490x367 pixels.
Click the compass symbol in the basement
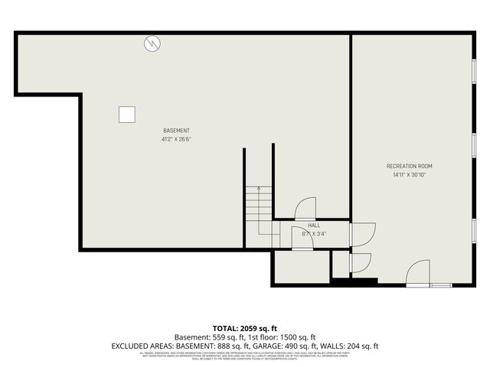[x=152, y=44]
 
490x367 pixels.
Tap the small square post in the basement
[x=127, y=114]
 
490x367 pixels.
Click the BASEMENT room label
[x=176, y=131]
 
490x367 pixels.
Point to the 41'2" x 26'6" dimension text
[x=176, y=139]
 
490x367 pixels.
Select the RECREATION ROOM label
[x=410, y=166]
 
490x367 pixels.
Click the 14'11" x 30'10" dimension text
[x=410, y=174]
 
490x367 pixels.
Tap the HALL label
[x=314, y=226]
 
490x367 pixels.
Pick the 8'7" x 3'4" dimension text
[x=314, y=234]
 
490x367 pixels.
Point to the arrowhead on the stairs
[x=259, y=187]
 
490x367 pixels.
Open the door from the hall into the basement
[x=305, y=209]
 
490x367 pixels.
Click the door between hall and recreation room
[x=361, y=234]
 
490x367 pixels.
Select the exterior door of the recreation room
[x=419, y=274]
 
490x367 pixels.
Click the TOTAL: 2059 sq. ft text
[x=244, y=328]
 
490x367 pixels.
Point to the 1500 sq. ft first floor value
[x=296, y=337]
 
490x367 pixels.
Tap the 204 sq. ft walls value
[x=361, y=346]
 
